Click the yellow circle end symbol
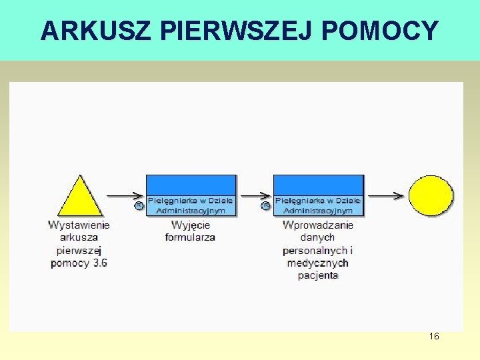click(431, 195)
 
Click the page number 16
click(434, 337)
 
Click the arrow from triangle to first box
click(125, 195)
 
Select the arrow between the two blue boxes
click(255, 195)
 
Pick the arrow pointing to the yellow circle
click(385, 195)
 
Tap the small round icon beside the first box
click(139, 205)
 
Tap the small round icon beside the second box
click(265, 205)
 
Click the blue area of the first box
click(191, 185)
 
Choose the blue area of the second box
click(319, 185)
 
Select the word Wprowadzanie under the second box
click(318, 225)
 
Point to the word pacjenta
click(318, 275)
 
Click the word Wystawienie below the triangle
click(79, 225)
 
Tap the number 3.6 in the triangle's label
click(100, 263)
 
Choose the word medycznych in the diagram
click(318, 263)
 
